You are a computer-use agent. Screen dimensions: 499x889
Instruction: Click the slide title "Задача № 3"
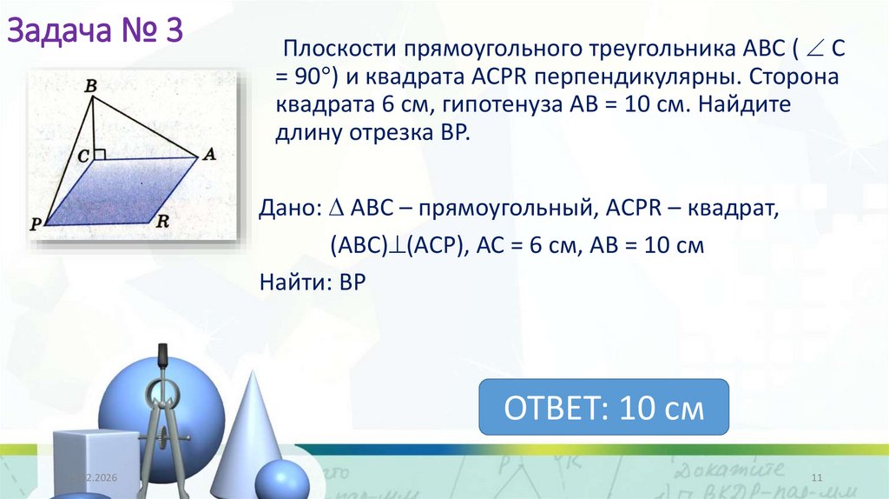tap(95, 32)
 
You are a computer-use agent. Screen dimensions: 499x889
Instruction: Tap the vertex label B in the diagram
tap(89, 87)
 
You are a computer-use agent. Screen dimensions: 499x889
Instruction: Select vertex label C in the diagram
tap(83, 155)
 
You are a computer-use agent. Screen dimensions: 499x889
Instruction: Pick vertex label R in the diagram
tap(161, 221)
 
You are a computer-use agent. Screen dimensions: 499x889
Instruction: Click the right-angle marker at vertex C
tap(100, 154)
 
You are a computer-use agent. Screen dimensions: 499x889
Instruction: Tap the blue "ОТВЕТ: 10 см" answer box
tap(604, 407)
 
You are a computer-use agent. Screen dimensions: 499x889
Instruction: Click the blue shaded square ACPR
tap(122, 191)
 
